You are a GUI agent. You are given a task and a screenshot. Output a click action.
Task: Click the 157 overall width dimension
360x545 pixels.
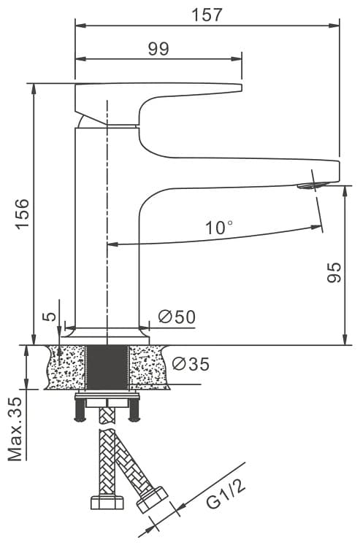pos(207,15)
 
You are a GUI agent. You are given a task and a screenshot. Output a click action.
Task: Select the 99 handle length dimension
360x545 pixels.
pos(158,49)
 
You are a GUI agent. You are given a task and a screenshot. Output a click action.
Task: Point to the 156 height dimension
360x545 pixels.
pos(22,214)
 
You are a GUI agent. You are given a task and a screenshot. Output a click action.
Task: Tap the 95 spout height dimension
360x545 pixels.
pos(334,273)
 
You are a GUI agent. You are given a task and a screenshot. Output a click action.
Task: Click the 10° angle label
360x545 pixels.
pos(219,228)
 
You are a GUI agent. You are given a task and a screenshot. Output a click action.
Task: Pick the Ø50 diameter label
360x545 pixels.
pos(177,317)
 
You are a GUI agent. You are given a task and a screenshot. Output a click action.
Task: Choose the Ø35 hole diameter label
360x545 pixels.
pos(191,364)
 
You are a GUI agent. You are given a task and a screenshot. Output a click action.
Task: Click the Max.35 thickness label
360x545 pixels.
pos(15,428)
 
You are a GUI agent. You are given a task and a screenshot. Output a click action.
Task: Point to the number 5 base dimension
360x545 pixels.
pos(50,317)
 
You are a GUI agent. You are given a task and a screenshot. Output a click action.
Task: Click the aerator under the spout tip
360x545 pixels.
pos(313,185)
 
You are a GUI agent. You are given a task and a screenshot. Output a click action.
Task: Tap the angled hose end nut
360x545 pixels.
pos(152,500)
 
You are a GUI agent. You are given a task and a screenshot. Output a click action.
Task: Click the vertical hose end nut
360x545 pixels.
pos(107,502)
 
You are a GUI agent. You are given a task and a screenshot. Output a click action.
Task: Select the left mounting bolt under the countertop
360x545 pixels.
pos(80,409)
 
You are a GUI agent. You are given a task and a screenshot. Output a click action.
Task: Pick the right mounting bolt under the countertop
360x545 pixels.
pos(134,409)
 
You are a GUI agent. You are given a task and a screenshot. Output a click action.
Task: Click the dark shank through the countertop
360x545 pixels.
pos(107,367)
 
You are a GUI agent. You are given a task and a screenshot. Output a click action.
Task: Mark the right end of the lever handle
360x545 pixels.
pos(242,88)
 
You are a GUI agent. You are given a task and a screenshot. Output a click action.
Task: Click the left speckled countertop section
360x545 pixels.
pos(66,367)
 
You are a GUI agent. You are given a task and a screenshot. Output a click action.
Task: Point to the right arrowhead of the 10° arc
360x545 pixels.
pos(316,228)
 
